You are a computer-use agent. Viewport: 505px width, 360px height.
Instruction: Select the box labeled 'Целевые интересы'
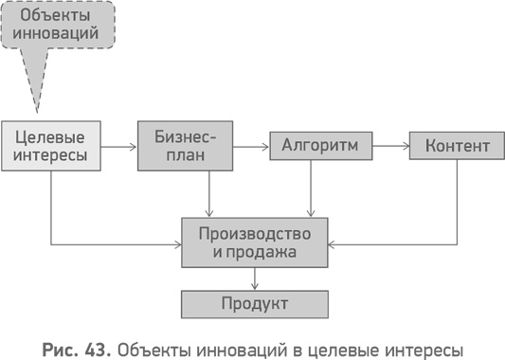click(x=49, y=146)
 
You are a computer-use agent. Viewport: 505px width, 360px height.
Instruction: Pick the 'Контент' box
click(x=457, y=146)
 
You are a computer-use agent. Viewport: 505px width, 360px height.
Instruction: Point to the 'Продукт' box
click(x=254, y=304)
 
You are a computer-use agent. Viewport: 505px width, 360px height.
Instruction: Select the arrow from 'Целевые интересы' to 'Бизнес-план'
click(x=117, y=147)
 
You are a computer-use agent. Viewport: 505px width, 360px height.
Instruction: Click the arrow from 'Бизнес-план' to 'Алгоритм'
click(x=251, y=147)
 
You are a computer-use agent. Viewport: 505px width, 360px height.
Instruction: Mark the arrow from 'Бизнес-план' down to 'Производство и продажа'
click(x=209, y=194)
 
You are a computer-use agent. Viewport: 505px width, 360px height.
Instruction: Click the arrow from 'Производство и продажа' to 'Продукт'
click(x=255, y=279)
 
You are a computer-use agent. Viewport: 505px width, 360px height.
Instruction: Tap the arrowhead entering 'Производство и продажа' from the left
click(x=176, y=244)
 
